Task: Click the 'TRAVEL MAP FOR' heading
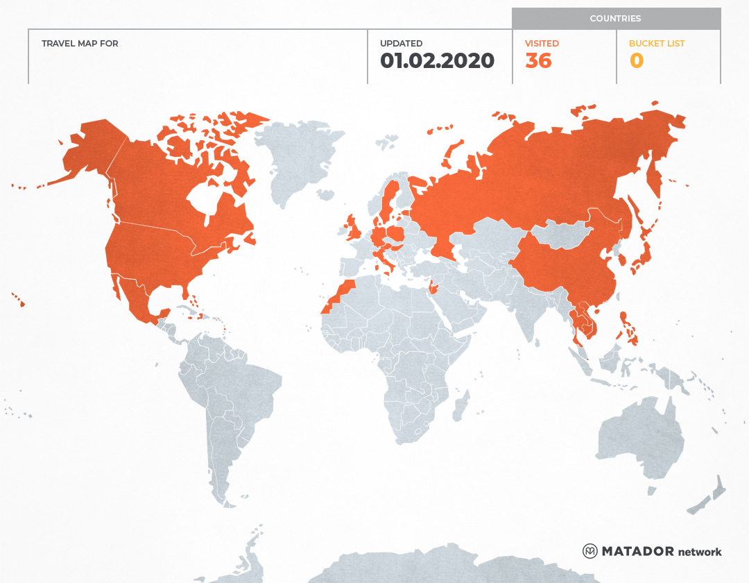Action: click(x=80, y=44)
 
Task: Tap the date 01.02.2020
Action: click(x=437, y=61)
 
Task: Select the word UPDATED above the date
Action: click(x=401, y=44)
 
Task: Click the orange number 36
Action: click(x=538, y=61)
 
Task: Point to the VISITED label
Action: click(x=542, y=44)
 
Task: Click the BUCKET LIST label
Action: click(x=656, y=44)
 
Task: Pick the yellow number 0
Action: click(x=636, y=61)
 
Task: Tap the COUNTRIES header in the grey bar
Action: click(x=615, y=19)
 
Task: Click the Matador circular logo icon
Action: click(x=590, y=551)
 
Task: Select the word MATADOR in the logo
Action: click(x=637, y=551)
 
